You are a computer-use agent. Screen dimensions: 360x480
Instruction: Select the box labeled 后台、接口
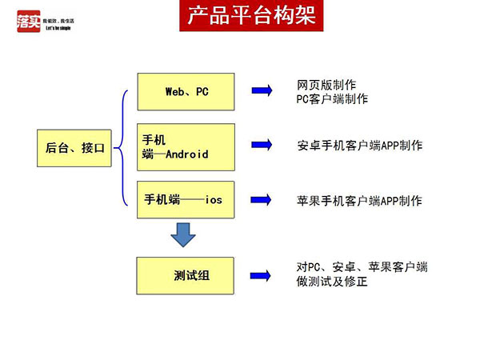(x=75, y=147)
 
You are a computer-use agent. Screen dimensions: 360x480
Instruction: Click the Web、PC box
(x=186, y=92)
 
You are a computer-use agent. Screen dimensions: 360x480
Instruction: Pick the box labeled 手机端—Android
(x=186, y=147)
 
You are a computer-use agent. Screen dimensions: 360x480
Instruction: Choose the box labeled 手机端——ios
(x=186, y=200)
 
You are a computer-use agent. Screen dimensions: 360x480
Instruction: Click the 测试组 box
(x=186, y=276)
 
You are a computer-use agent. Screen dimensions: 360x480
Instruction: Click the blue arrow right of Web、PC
(x=262, y=92)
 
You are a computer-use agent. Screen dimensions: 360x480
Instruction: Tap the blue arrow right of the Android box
(x=262, y=146)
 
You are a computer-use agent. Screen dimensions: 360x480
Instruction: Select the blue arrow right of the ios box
(x=262, y=200)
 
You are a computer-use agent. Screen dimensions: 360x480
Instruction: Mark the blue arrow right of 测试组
(x=262, y=275)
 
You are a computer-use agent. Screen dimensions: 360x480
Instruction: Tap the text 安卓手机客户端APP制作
(x=359, y=146)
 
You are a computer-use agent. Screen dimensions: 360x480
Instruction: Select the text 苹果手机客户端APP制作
(x=359, y=200)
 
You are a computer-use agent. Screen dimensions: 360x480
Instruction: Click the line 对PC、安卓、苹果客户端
(x=362, y=267)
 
